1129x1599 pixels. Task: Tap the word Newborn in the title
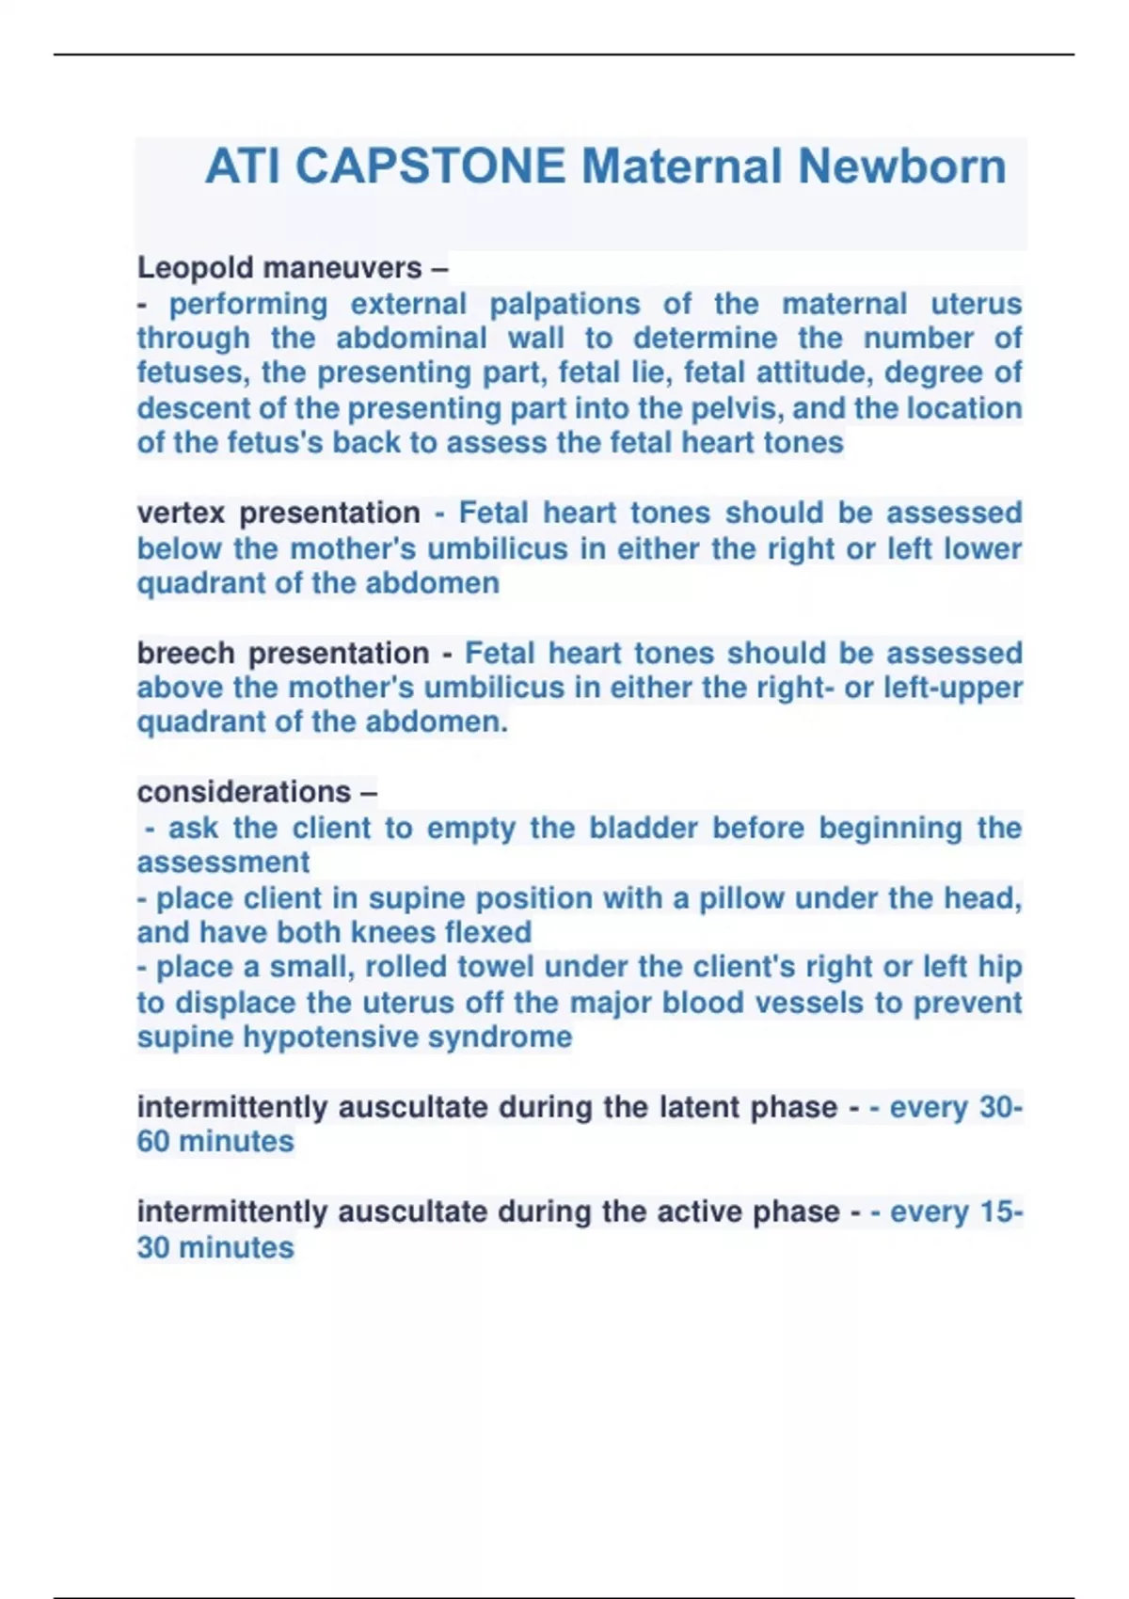[x=902, y=166]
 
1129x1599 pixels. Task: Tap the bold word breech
[x=185, y=653]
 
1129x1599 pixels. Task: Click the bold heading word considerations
[x=244, y=792]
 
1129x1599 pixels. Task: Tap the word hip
[x=999, y=967]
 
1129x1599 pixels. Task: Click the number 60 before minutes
[x=153, y=1142]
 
